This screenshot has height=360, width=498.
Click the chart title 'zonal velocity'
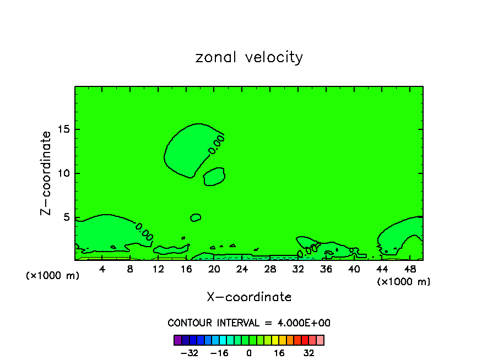tap(249, 57)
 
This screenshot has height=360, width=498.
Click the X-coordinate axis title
tap(249, 297)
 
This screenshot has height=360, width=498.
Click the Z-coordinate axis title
tap(46, 173)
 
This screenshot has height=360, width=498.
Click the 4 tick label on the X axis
tap(102, 269)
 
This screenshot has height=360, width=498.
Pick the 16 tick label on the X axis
tap(186, 269)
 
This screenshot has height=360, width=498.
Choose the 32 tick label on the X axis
tap(298, 269)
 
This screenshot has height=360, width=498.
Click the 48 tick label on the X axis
tap(409, 269)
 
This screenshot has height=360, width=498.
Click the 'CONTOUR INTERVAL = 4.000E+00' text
tap(249, 323)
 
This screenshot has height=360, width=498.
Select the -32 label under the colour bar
tap(189, 353)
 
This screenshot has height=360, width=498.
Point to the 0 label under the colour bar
tap(249, 353)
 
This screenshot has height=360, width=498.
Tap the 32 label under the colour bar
tap(309, 353)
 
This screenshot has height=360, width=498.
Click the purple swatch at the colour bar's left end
tap(177, 340)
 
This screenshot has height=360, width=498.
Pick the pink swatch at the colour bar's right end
tap(320, 340)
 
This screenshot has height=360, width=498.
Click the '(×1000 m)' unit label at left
tap(53, 276)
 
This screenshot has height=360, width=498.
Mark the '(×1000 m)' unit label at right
tap(404, 282)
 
